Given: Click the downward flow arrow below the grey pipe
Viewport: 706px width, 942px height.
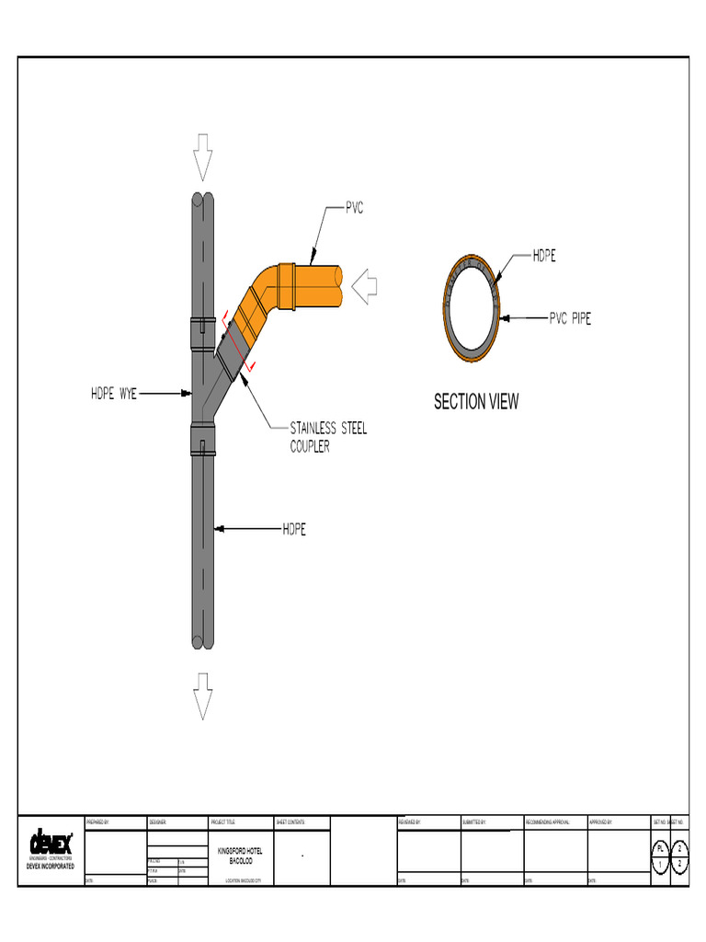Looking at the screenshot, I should coord(202,695).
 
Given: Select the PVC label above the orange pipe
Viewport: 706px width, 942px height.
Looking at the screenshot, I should coord(354,209).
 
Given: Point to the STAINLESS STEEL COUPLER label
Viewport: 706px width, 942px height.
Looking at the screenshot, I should coord(328,437).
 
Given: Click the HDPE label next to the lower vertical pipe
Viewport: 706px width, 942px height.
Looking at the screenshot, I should coord(293,530).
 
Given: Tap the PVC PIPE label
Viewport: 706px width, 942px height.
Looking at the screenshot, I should coord(570,319).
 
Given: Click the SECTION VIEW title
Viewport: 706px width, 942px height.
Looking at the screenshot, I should coord(476,402).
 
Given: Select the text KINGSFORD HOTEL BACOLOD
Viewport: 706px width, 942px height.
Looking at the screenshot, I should coord(239,856).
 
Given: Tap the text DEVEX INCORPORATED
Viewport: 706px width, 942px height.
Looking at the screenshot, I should coord(51,867).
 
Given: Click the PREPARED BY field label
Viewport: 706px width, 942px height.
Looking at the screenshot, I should coord(97,821).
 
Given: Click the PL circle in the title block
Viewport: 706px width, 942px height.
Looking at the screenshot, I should coord(659,848).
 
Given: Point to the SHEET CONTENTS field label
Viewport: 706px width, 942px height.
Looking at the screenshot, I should coord(290,821).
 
